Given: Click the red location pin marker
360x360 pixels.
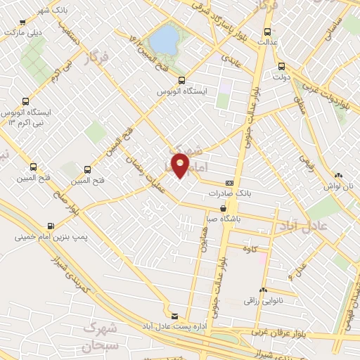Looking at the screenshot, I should click(181, 166).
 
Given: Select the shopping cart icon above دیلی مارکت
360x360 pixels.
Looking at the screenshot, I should click(6, 21).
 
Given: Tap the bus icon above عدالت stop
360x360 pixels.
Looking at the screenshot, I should click(266, 31).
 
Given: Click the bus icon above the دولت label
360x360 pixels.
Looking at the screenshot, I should click(280, 67).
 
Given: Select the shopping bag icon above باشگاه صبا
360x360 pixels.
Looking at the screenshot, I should click(224, 208).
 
